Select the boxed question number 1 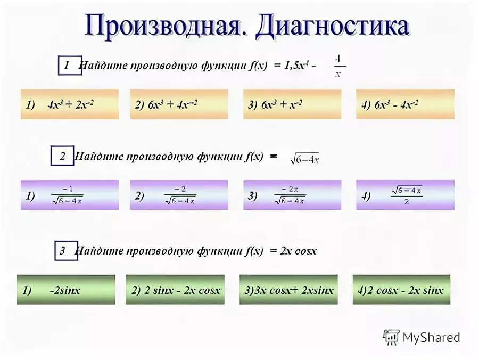click(x=69, y=66)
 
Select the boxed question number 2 click(x=63, y=156)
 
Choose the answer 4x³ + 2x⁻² click(x=70, y=104)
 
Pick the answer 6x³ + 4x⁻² click(x=179, y=104)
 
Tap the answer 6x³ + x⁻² click(x=292, y=104)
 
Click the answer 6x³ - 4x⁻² click(x=405, y=104)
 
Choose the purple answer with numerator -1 click(x=70, y=195)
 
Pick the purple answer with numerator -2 click(x=179, y=195)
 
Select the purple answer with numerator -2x click(x=292, y=195)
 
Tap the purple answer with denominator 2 click(x=405, y=195)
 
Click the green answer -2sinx click(x=66, y=290)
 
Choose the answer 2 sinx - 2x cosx click(x=175, y=290)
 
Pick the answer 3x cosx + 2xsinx click(x=288, y=290)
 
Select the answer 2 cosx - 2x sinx click(x=401, y=290)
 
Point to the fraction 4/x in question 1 click(x=338, y=66)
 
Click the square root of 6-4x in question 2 click(x=304, y=158)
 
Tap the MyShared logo click(x=422, y=337)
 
